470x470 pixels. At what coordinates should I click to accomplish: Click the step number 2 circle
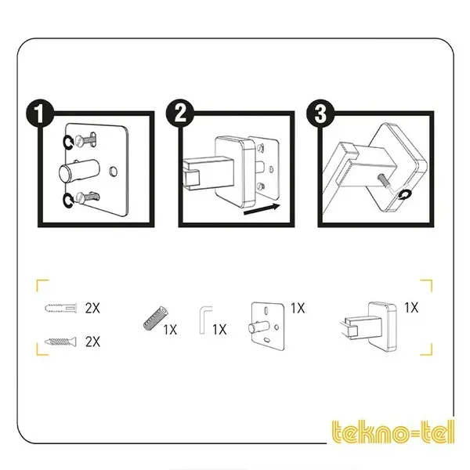(180, 114)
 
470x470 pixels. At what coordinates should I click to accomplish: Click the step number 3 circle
(320, 114)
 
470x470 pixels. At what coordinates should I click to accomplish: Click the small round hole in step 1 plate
(114, 171)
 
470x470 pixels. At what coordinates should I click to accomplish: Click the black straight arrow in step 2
(262, 209)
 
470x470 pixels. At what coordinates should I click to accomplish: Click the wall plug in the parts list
(61, 308)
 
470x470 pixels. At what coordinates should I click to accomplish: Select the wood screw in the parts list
(60, 342)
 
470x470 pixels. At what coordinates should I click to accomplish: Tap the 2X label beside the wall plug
(92, 308)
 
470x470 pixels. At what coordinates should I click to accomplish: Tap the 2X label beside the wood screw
(92, 342)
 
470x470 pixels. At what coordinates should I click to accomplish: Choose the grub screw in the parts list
(156, 318)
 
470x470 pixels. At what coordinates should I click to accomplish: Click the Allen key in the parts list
(205, 320)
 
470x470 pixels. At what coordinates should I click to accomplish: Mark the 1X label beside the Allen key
(219, 330)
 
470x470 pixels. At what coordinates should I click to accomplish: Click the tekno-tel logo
(392, 432)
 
